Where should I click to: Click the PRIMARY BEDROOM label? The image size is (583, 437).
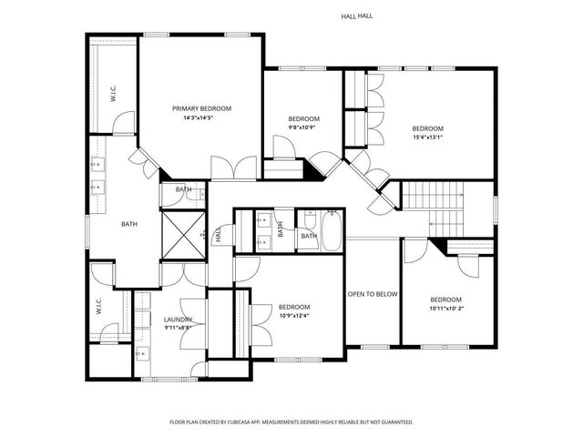click(201, 108)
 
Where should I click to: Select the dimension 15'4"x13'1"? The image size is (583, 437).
click(427, 137)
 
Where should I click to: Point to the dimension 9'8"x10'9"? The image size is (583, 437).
click(303, 127)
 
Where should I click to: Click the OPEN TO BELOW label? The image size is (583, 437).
click(373, 294)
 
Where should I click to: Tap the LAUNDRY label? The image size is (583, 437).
click(178, 320)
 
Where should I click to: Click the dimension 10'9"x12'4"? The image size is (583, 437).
click(294, 316)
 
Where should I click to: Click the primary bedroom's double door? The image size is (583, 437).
click(233, 168)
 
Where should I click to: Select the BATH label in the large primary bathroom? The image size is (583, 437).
click(129, 223)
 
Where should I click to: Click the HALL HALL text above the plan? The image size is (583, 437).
click(356, 15)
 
